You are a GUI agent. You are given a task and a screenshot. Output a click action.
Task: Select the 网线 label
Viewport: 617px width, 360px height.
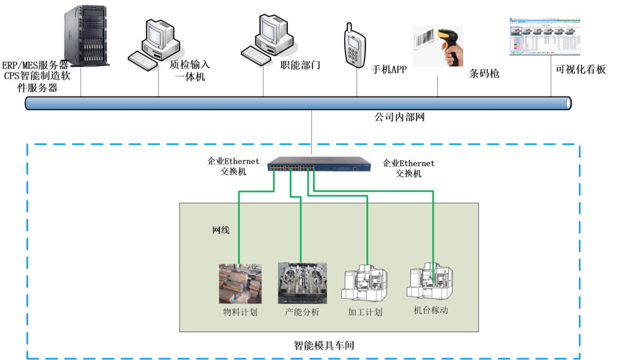(x=221, y=230)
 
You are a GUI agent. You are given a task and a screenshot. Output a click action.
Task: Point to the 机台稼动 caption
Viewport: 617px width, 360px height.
(x=431, y=311)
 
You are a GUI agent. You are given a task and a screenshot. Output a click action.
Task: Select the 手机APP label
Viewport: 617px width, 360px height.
(x=389, y=70)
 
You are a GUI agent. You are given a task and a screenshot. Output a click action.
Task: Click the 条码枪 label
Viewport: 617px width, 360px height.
(x=484, y=74)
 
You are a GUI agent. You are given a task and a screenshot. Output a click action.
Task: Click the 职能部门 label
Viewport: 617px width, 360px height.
(x=300, y=65)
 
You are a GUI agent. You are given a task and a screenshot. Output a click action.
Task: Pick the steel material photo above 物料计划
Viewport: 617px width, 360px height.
(x=240, y=283)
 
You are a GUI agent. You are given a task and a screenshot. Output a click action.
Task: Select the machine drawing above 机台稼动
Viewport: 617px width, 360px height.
(x=429, y=279)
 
